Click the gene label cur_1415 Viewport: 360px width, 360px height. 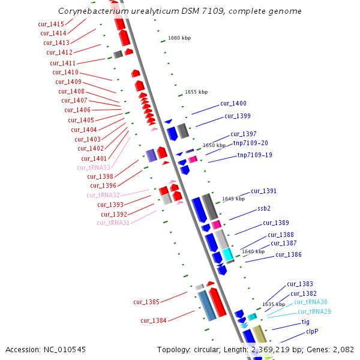pyautogui.click(x=50, y=24)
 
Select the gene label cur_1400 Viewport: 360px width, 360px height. pyautogui.click(x=233, y=104)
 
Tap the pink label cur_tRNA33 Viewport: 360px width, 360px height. pyautogui.click(x=94, y=167)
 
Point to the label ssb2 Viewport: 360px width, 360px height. pyautogui.click(x=264, y=209)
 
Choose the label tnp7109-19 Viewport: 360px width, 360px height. pyautogui.click(x=254, y=155)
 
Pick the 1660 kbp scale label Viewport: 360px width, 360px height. pyautogui.click(x=179, y=38)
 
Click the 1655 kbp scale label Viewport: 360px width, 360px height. pyautogui.click(x=196, y=92)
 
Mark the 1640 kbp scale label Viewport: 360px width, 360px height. pyautogui.click(x=253, y=251)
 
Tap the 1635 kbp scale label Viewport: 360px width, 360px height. pyautogui.click(x=274, y=304)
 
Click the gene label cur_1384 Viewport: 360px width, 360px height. pyautogui.click(x=154, y=320)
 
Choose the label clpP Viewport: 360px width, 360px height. pyautogui.click(x=312, y=331)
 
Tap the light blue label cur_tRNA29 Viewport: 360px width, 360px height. pyautogui.click(x=314, y=311)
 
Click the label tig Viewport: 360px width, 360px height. pyautogui.click(x=305, y=322)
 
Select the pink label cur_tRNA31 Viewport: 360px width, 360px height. pyautogui.click(x=113, y=223)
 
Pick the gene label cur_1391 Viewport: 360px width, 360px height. pyautogui.click(x=263, y=191)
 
